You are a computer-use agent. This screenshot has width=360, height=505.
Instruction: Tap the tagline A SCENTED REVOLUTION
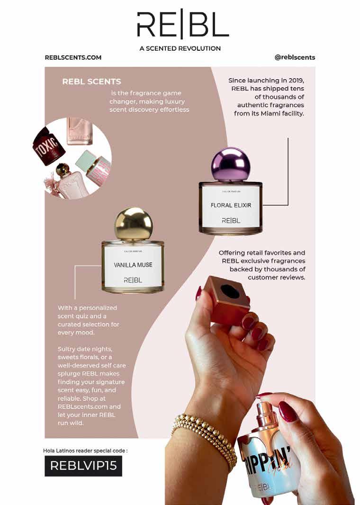[x=180, y=49]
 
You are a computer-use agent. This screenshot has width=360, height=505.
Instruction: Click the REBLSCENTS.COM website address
[x=73, y=58]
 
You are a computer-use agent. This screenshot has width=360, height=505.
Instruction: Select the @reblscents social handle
[x=295, y=57]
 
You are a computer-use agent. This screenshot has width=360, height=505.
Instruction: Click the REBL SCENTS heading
[x=92, y=81]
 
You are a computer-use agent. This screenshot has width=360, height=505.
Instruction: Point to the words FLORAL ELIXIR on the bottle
[x=231, y=205]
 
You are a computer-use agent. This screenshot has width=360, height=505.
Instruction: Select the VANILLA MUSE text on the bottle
[x=133, y=265]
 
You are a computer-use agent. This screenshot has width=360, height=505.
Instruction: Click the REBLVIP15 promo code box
[x=83, y=466]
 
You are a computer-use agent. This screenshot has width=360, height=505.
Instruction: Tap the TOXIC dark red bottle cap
[x=48, y=146]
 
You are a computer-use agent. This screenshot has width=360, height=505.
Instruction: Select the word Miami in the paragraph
[x=270, y=113]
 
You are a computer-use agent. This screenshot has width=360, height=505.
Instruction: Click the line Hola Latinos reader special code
[x=85, y=451]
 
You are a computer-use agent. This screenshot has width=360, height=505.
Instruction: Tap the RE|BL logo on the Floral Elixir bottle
[x=231, y=221]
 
